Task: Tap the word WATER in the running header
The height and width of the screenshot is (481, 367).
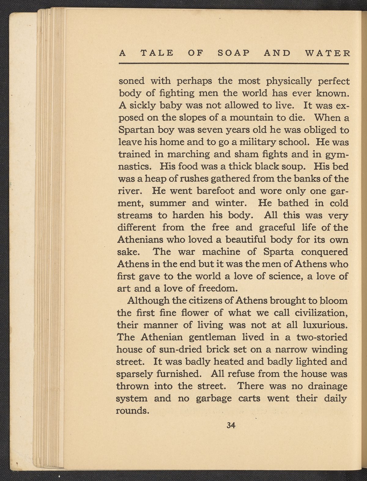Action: tap(327, 53)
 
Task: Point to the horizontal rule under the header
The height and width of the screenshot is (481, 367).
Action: tap(234, 64)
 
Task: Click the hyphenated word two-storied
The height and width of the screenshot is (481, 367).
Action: tap(322, 337)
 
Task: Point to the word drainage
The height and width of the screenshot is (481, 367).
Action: tap(327, 386)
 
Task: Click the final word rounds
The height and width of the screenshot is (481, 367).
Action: tap(132, 410)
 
